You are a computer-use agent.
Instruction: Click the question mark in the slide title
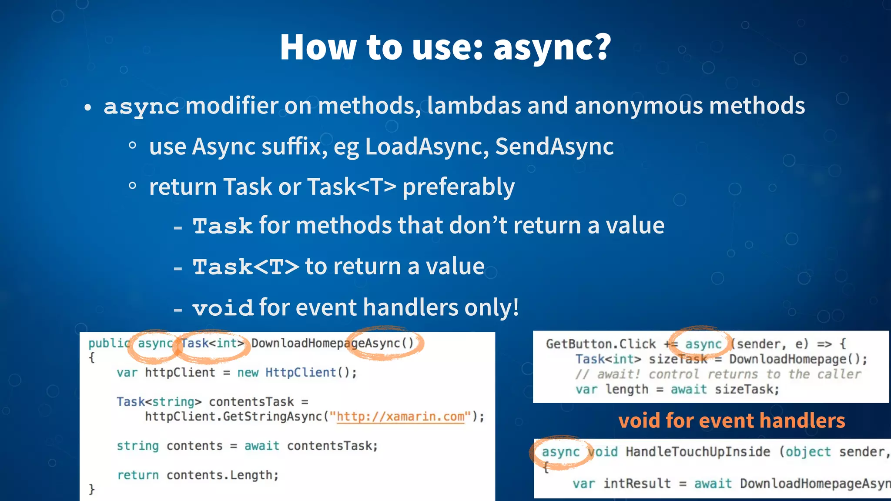pos(599,47)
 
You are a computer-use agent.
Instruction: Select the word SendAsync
pos(554,147)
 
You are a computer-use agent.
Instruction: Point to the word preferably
pos(458,187)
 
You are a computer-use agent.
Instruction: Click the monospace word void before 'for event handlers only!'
pos(223,308)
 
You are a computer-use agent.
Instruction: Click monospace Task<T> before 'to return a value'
pos(246,267)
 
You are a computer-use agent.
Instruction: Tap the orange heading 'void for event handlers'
pos(731,421)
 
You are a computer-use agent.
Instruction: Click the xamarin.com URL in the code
pos(400,417)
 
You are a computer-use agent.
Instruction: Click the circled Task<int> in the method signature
pos(212,344)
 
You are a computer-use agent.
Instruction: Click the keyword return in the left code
pos(138,475)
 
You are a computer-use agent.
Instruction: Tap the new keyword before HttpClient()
pos(248,373)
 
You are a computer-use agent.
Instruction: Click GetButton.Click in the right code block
pos(600,344)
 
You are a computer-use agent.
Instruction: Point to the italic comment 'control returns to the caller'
pos(754,374)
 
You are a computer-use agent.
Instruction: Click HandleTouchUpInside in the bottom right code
pos(698,452)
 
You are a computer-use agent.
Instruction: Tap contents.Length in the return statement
pos(222,475)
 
